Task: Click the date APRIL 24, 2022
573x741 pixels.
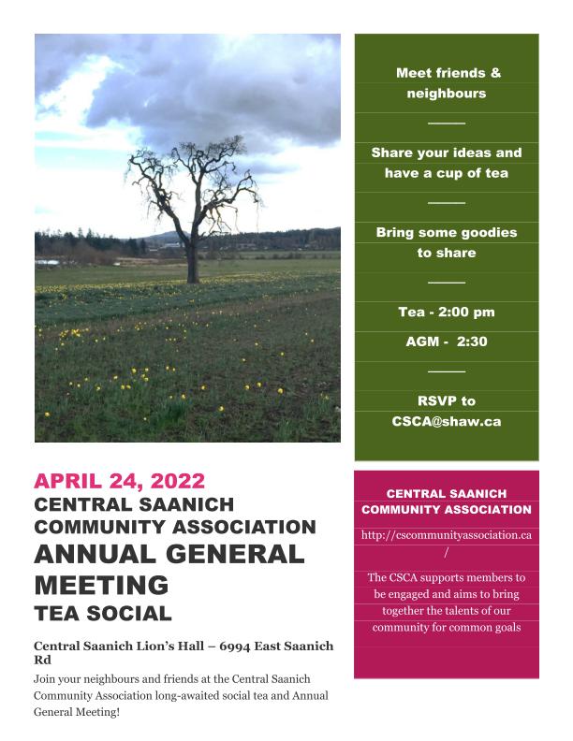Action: click(x=119, y=482)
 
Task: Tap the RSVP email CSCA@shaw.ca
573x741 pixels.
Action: click(x=446, y=421)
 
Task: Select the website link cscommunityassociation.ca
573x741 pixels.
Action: click(x=447, y=535)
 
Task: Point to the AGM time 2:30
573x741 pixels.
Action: click(x=471, y=341)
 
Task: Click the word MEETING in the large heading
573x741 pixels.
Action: click(x=101, y=586)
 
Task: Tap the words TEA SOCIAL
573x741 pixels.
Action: click(x=103, y=615)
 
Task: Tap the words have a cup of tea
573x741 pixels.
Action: click(x=446, y=173)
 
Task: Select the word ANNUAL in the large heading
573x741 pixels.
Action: click(x=91, y=554)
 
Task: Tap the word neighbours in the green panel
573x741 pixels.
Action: click(x=446, y=94)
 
